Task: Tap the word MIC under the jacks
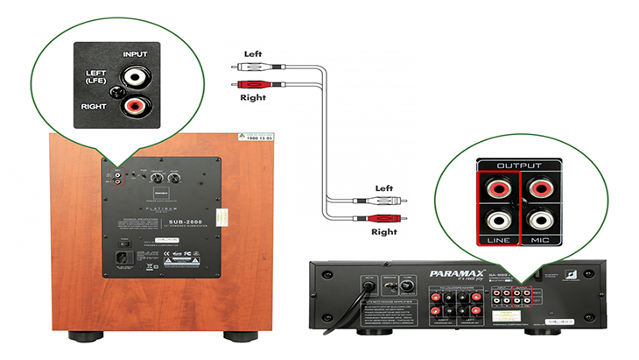point(544,239)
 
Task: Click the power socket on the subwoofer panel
point(128,258)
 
